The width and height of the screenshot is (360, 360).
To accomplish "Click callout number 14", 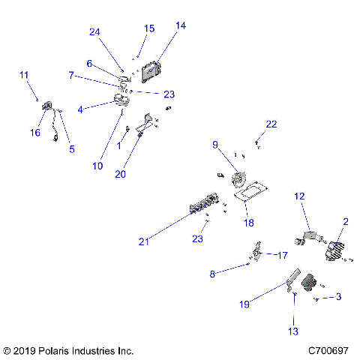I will click(x=180, y=25).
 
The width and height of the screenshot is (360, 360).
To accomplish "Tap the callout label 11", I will click(x=24, y=75).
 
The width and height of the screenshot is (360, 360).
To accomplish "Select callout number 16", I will click(x=34, y=133).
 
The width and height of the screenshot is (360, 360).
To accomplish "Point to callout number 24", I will click(x=94, y=32).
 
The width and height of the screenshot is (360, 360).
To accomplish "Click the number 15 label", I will click(x=149, y=28).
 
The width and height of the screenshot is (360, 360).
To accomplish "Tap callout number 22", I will click(x=271, y=124).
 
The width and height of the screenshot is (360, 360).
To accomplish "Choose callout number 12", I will click(x=299, y=196).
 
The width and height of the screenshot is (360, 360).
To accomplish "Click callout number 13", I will click(x=292, y=331).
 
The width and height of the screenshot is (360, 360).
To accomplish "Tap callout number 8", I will click(x=213, y=274).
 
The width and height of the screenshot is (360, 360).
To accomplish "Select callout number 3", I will click(x=338, y=297).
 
